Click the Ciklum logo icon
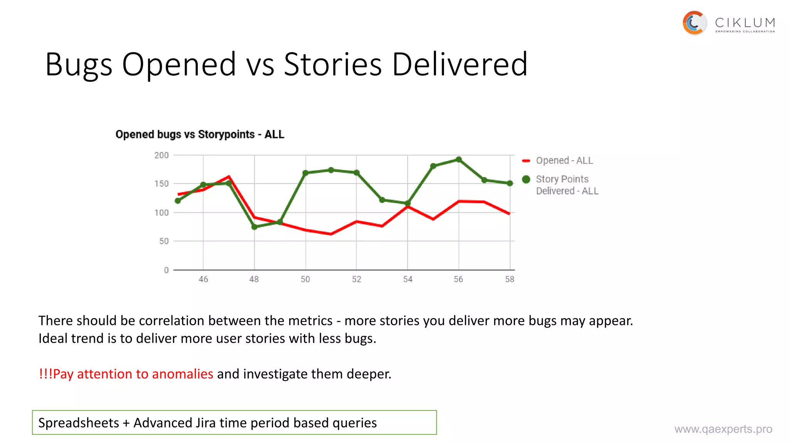click(694, 23)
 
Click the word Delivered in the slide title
click(459, 64)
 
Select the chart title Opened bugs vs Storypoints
click(200, 135)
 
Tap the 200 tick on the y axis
click(161, 155)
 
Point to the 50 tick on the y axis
click(164, 241)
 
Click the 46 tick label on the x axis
click(203, 279)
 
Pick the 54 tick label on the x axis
click(408, 279)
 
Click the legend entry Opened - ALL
click(564, 161)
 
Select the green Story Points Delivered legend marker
click(526, 179)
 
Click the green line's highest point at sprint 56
click(459, 160)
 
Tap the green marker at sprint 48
click(254, 227)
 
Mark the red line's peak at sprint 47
click(229, 177)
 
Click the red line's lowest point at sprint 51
click(331, 234)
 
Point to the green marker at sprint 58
click(510, 183)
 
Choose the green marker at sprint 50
click(306, 173)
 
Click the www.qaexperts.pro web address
click(723, 429)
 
